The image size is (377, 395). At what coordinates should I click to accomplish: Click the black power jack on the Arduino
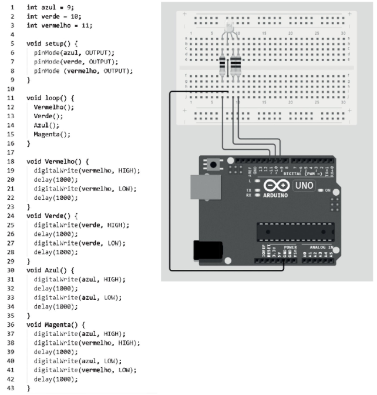point(208,250)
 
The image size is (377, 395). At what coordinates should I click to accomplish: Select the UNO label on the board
point(304,186)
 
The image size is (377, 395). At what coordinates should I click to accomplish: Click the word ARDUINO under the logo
point(275,195)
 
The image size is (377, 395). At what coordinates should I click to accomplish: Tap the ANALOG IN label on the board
point(320,247)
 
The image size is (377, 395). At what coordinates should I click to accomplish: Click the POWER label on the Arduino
point(290,247)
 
